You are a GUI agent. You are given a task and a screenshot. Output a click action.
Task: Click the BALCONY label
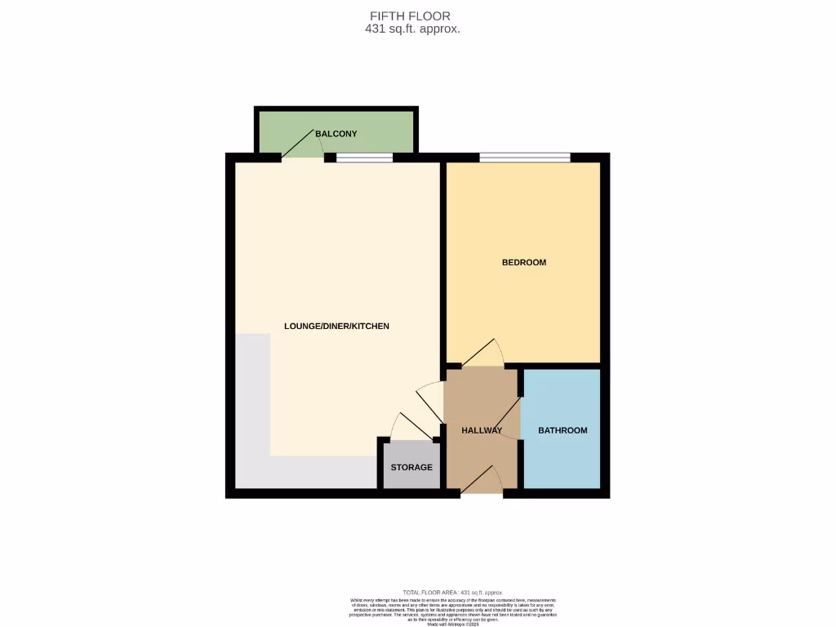click(336, 134)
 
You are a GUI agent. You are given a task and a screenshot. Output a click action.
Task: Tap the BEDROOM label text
click(523, 263)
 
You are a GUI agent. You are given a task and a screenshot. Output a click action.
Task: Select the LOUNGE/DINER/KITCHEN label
click(336, 327)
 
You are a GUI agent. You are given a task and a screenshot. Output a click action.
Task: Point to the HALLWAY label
click(481, 431)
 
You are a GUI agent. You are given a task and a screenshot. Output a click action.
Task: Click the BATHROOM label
click(563, 431)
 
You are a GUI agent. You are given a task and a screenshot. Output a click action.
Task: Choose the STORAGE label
click(411, 468)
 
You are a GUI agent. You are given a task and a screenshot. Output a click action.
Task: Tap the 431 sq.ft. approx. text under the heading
click(412, 29)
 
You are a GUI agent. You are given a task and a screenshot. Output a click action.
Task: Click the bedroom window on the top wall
click(524, 158)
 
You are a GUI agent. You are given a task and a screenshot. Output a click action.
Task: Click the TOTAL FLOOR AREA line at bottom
click(452, 592)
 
